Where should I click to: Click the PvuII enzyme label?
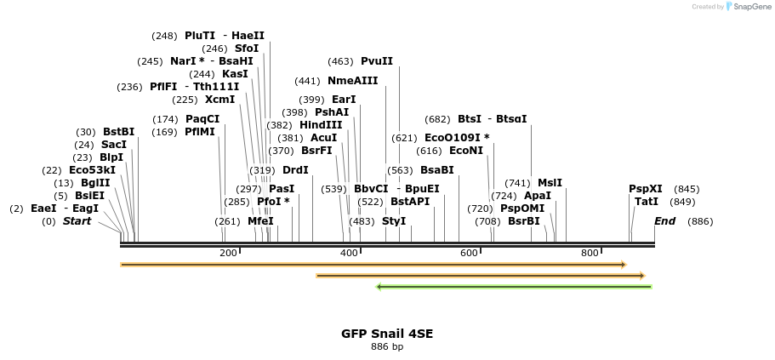[377, 61]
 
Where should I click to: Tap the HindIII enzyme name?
[321, 125]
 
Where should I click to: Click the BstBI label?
[119, 132]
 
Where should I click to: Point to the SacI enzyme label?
[113, 145]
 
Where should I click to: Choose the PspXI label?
[646, 189]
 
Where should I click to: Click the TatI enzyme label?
[647, 202]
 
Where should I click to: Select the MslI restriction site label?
[550, 183]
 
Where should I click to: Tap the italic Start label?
[77, 221]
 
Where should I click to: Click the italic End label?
[664, 221]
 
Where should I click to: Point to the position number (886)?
[700, 221]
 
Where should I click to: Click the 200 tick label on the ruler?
[228, 254]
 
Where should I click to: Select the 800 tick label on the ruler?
[590, 254]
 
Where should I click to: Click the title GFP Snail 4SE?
[387, 334]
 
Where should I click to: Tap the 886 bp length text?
[387, 346]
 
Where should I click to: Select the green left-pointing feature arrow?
[514, 287]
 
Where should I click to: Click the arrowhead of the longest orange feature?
[623, 265]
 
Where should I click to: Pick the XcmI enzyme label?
[219, 100]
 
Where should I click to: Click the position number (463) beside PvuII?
[340, 61]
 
